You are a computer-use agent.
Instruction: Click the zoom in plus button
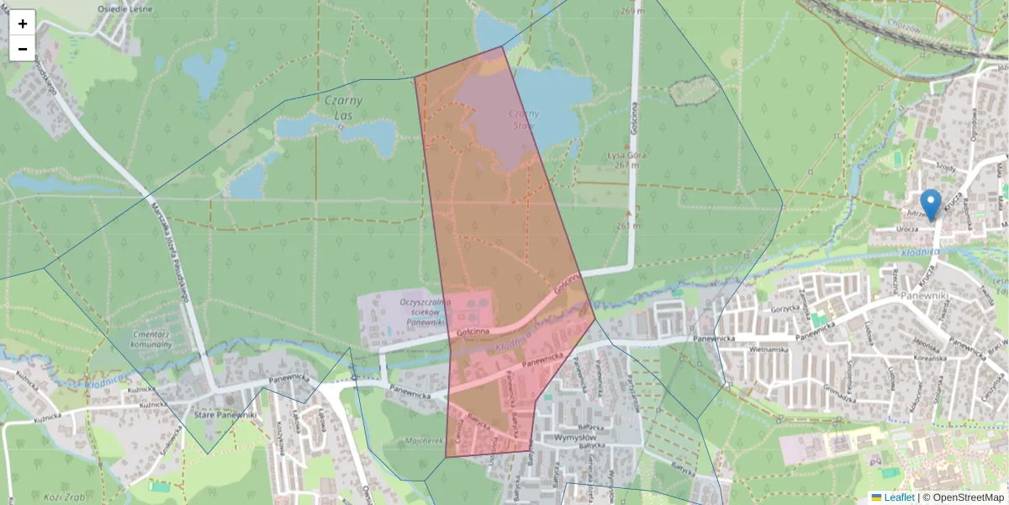pyautogui.click(x=23, y=24)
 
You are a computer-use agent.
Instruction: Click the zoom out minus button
pyautogui.click(x=23, y=49)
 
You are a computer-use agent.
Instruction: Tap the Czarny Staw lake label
pyautogui.click(x=522, y=120)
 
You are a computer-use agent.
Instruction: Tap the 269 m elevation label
pyautogui.click(x=656, y=12)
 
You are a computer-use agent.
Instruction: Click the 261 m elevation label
pyautogui.click(x=628, y=225)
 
